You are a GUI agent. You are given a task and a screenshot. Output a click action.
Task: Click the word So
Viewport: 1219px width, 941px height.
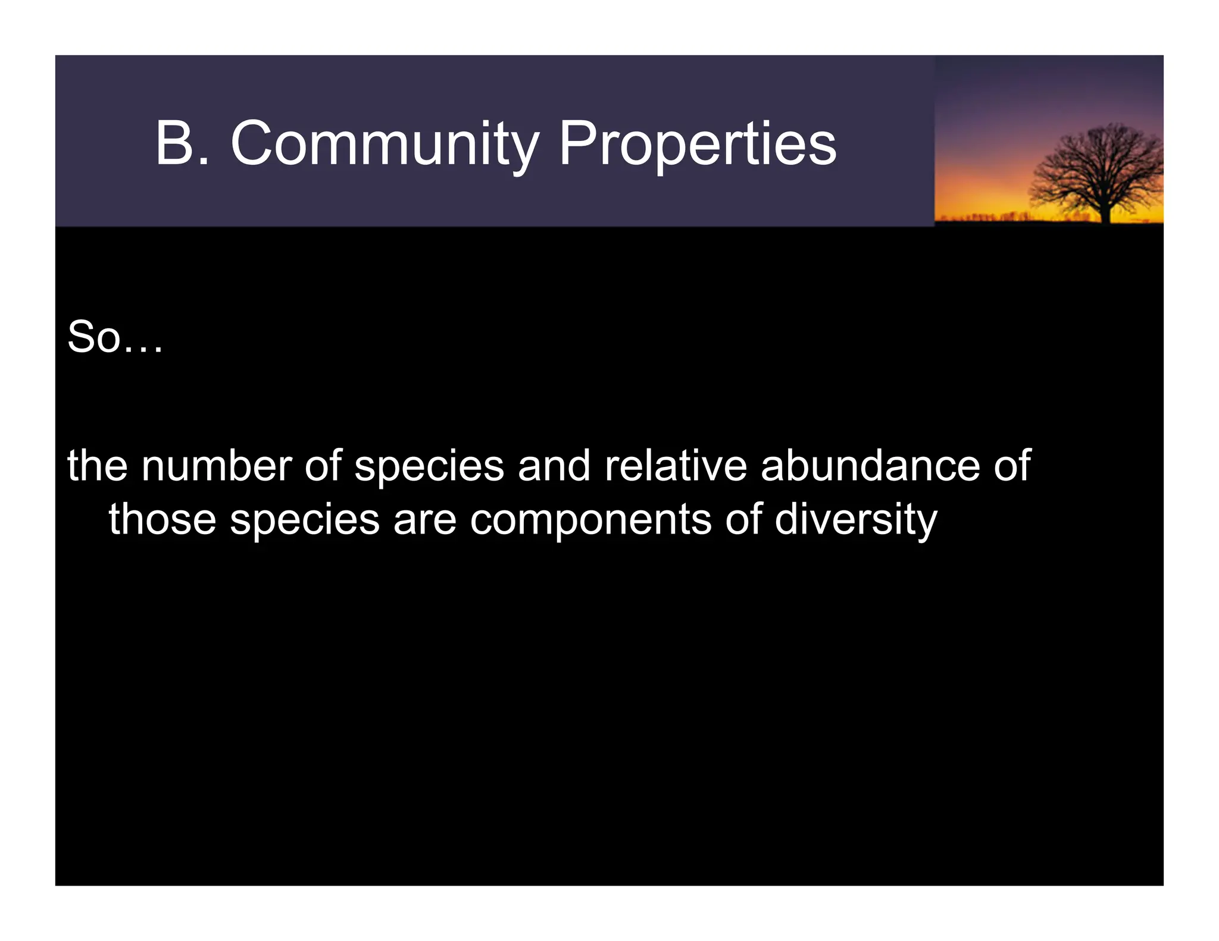coord(94,337)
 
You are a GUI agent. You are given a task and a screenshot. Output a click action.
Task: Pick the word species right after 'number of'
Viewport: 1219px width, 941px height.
coord(429,468)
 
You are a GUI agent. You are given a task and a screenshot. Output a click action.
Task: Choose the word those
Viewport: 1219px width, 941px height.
coord(162,519)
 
